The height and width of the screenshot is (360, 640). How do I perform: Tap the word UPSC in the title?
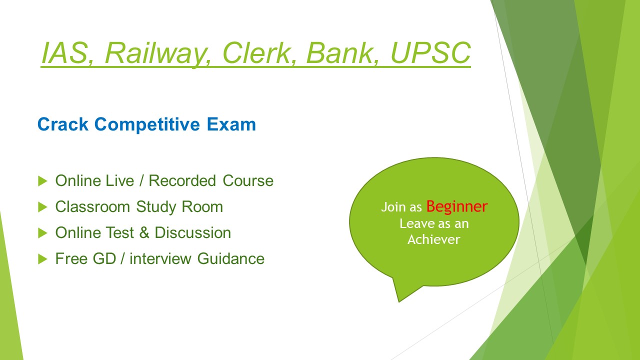click(430, 53)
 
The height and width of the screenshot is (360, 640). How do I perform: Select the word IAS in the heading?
click(65, 53)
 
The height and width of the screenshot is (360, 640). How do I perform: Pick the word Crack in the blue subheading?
click(63, 124)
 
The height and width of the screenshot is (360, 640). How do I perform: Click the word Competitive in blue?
click(147, 125)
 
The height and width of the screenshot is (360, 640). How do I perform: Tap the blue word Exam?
click(231, 124)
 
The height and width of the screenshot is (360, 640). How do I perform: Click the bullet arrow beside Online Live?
click(42, 181)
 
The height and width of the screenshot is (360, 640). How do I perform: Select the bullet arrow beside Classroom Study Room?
click(42, 207)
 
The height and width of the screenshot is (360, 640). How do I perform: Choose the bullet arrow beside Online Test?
click(42, 233)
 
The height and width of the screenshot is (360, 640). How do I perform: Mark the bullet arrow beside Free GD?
click(42, 259)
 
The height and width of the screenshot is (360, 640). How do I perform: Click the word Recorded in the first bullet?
click(182, 180)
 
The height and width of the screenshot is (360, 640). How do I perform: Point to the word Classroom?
click(92, 206)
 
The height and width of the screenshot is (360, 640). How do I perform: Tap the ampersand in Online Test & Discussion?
click(144, 232)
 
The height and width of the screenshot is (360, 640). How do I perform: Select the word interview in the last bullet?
click(160, 258)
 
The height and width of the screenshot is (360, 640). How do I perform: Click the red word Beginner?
click(456, 207)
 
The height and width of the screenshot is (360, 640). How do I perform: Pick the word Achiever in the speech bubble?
click(433, 239)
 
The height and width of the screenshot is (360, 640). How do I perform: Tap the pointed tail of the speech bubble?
click(399, 301)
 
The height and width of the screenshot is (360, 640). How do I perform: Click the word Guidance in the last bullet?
click(231, 258)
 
